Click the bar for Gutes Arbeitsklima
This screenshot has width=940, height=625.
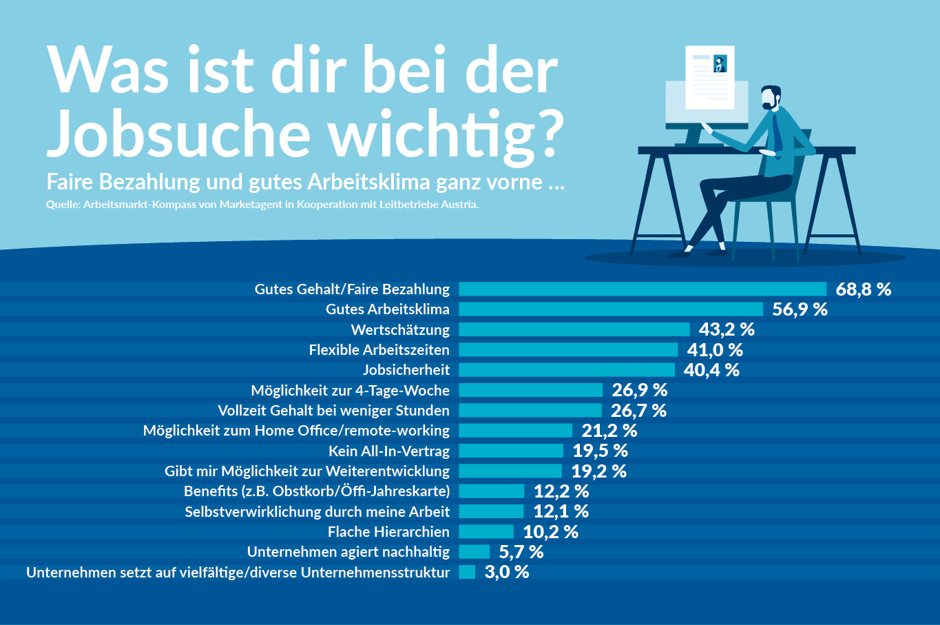coord(611,309)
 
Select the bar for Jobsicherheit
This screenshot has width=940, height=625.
coord(567,370)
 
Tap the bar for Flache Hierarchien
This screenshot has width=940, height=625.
coord(486,532)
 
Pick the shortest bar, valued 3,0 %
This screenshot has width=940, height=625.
coord(467,572)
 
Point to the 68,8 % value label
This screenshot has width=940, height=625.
coord(863,289)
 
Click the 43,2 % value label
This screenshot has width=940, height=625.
coord(727,329)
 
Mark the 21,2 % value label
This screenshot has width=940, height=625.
coord(609,431)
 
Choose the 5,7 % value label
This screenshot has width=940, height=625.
coord(521,552)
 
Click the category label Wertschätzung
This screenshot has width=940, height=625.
coord(400,329)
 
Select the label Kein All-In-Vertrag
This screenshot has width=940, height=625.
coord(389,451)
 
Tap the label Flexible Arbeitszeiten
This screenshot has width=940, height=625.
coord(379,350)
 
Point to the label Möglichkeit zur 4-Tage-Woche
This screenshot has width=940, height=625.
coord(350,391)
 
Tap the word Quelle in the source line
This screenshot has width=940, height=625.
coord(63,205)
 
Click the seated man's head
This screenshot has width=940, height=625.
coord(771,97)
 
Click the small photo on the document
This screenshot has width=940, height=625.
coord(720,64)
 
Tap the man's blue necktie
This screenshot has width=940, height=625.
coord(777,131)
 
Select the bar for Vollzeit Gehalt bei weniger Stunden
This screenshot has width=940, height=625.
coord(530,411)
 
